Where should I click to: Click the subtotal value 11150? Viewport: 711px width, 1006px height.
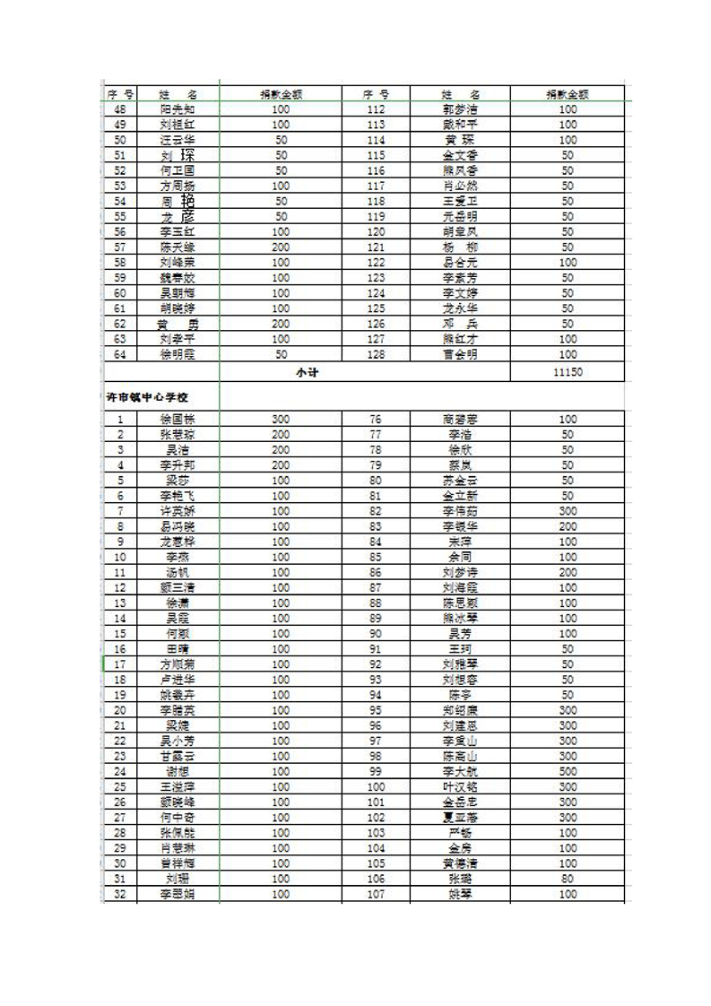coord(568,371)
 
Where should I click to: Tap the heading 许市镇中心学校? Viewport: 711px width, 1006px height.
coord(148,395)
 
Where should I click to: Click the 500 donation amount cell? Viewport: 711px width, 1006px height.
coord(568,771)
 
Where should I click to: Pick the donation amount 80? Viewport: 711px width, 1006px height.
coord(568,879)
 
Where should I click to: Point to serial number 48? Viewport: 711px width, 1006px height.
coord(120,109)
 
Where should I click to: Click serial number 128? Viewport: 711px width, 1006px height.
coord(375,354)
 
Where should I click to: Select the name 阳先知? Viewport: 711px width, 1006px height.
coord(178,109)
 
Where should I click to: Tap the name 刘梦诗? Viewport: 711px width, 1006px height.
coord(460,572)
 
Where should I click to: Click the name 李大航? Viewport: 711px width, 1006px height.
coord(460,771)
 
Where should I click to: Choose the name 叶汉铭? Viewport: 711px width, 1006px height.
coord(460,787)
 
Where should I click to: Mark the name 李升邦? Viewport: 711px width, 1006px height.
coord(178,465)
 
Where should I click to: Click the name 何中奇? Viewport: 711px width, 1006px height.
coord(178,818)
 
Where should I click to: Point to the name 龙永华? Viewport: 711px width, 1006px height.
coord(460,308)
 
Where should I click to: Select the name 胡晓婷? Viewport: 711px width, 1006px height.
coord(178,308)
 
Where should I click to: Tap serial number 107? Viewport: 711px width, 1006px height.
coord(375,894)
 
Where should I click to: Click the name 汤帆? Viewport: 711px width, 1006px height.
coord(178,572)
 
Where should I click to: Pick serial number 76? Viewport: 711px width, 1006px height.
coord(375,419)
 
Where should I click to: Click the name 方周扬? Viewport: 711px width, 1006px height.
coord(178,186)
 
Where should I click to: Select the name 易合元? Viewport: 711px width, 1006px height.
coord(460,263)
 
